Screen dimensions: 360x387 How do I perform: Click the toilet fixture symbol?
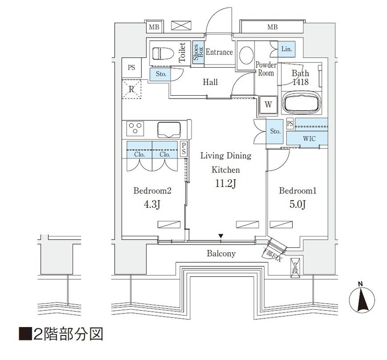click(163, 53)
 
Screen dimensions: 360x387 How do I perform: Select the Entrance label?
click(219, 52)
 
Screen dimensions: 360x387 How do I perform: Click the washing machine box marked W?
click(268, 103)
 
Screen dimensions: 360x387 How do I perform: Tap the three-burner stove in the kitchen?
click(135, 129)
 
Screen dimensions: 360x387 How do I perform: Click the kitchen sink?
click(168, 130)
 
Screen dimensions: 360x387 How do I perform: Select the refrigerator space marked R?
click(131, 89)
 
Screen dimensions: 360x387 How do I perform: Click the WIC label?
click(309, 139)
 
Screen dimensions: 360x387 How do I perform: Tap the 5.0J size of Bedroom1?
click(297, 205)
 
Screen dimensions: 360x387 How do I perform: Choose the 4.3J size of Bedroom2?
click(152, 205)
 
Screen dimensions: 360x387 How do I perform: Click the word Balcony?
click(221, 253)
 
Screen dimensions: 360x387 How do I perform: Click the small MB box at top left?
click(153, 27)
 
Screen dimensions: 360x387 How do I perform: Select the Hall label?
click(209, 82)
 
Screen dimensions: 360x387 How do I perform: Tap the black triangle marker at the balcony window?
click(221, 236)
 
